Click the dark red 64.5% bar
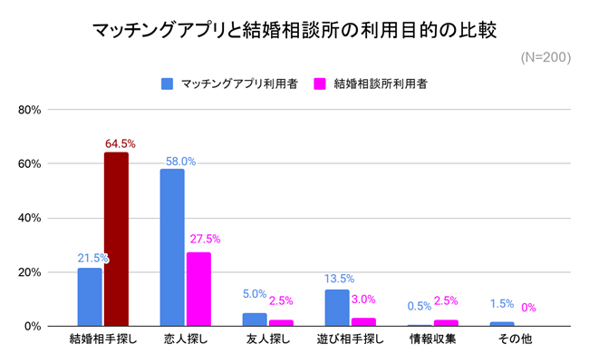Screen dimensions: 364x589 (116, 239)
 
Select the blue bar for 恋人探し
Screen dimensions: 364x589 (172, 247)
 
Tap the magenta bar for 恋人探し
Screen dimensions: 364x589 (198, 289)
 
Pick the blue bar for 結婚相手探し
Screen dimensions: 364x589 (90, 297)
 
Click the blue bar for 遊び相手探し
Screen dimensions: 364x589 (337, 308)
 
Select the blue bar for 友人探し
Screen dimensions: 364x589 (255, 320)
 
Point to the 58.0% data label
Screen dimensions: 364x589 (179, 162)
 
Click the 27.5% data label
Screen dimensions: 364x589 (205, 240)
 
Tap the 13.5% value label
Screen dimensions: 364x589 (339, 279)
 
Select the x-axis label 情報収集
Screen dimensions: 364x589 (432, 341)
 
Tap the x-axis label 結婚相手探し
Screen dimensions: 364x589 (102, 341)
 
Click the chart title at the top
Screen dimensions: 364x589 (294, 30)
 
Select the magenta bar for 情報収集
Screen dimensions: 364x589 (446, 322)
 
